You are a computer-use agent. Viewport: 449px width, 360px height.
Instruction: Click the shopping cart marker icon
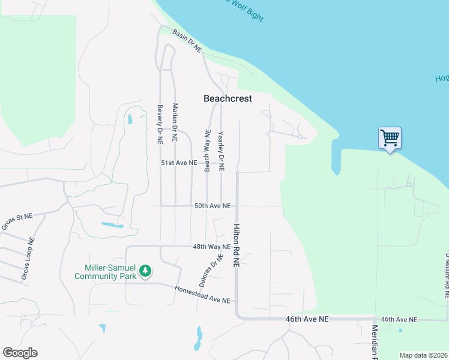[390, 139]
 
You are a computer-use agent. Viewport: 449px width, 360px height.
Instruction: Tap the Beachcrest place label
[228, 98]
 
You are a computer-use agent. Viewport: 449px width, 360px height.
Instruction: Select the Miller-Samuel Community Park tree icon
[145, 271]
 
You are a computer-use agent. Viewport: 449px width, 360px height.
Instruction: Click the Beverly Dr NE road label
[160, 124]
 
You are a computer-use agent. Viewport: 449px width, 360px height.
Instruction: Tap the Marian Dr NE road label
[175, 122]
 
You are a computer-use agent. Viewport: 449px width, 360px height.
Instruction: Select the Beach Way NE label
[208, 151]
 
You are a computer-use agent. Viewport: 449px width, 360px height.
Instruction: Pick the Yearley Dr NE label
[221, 151]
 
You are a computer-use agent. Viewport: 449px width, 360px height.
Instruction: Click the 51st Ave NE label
[178, 163]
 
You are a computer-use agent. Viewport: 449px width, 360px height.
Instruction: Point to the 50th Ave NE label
[212, 206]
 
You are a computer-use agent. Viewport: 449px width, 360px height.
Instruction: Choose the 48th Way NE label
[211, 247]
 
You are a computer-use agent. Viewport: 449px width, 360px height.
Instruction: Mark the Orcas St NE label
[16, 220]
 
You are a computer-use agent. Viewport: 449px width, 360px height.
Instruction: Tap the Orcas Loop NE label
[28, 259]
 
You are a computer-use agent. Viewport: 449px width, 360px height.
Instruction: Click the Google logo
[20, 353]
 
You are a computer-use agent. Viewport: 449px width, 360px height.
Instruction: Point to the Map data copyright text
[423, 355]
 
